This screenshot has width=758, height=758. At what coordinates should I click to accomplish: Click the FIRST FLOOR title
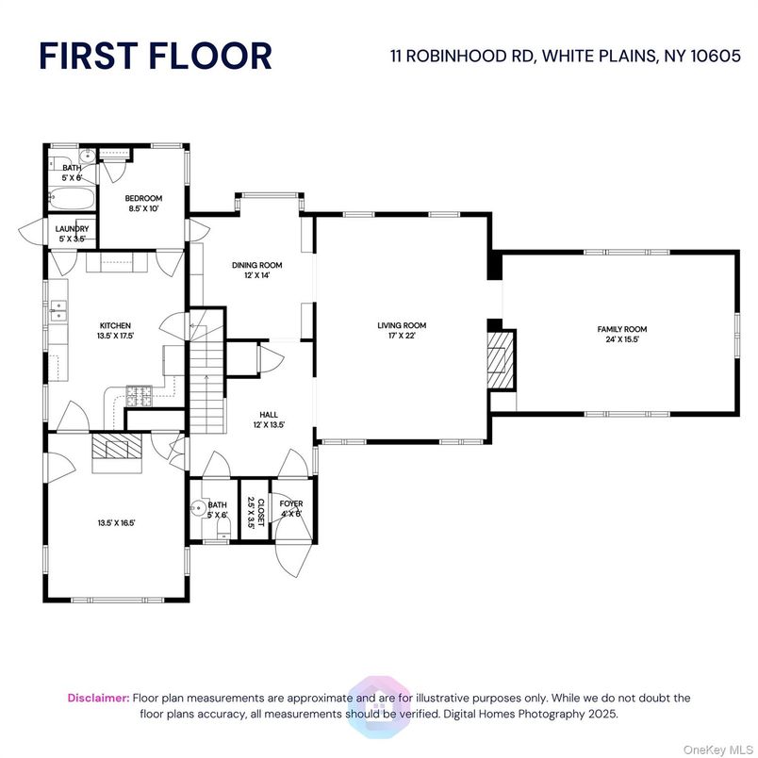(x=156, y=56)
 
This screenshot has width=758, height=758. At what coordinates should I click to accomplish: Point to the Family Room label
(x=622, y=329)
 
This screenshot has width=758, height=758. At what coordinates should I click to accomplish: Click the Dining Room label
(x=257, y=265)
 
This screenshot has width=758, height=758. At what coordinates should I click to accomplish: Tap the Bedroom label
(x=144, y=198)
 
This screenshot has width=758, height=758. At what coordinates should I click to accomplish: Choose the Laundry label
(x=73, y=229)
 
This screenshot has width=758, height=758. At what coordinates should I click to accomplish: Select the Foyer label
(x=291, y=504)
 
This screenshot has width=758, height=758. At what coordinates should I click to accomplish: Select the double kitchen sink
(x=58, y=306)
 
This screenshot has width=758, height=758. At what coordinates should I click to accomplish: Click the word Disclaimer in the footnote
(x=98, y=698)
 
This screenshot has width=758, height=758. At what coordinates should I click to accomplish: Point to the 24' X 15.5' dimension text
(x=622, y=338)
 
